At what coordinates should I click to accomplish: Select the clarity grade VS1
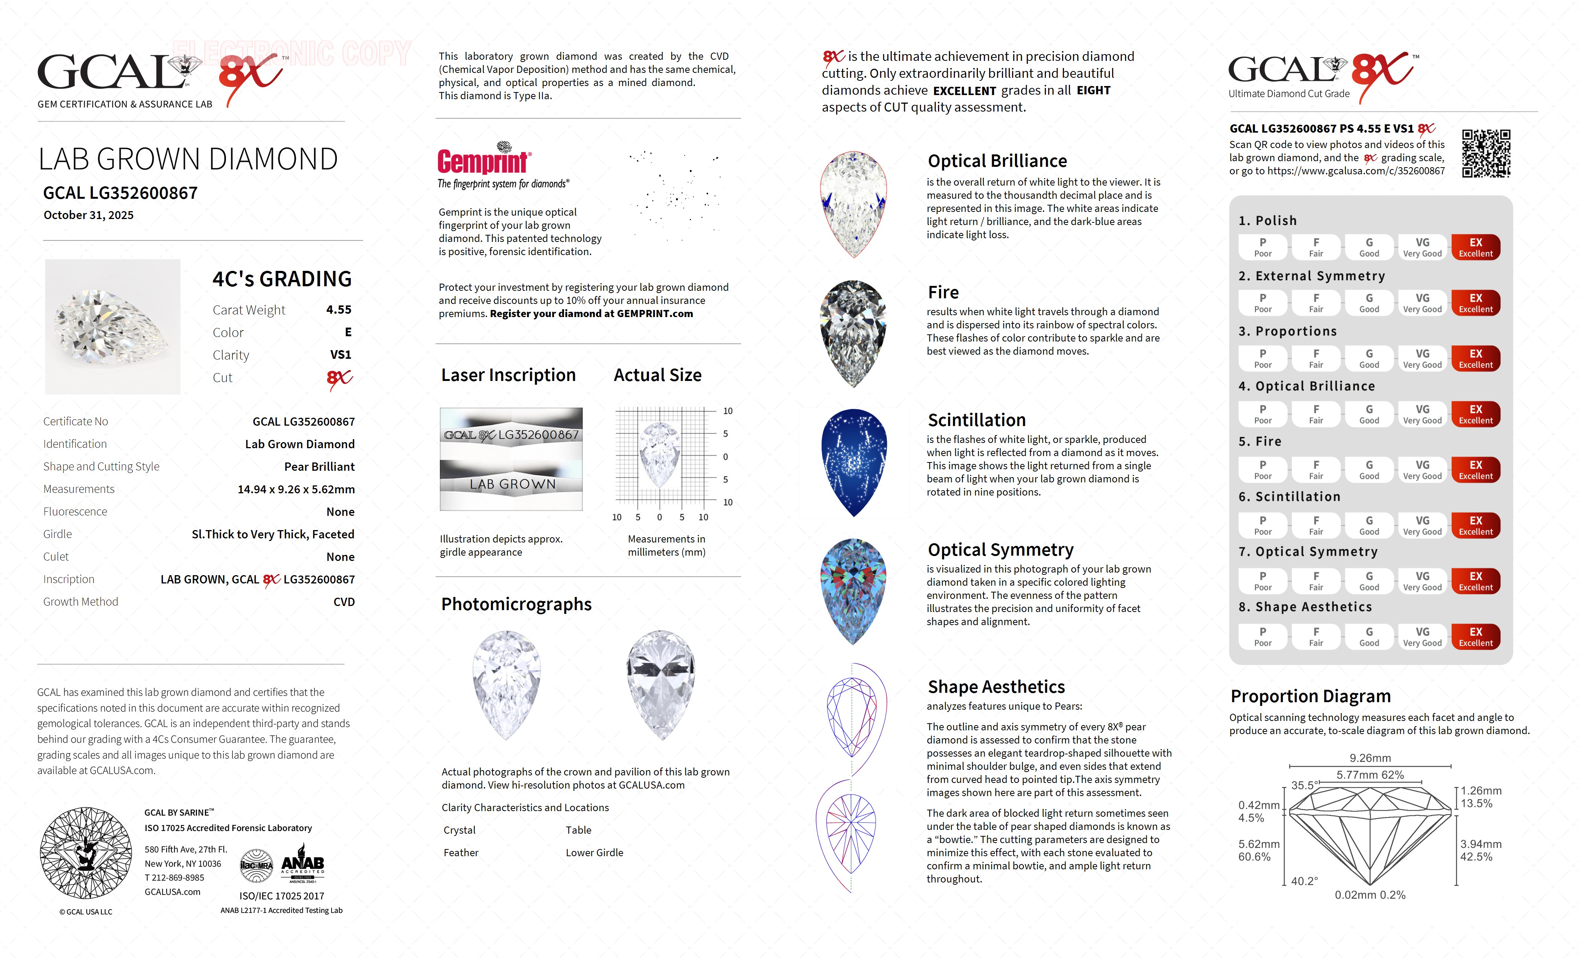point(340,355)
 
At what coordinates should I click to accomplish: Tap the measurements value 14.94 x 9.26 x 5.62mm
point(296,489)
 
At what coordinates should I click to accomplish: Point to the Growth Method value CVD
point(344,602)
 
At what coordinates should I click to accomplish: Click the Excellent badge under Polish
point(1475,247)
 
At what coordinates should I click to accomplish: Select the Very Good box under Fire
point(1422,469)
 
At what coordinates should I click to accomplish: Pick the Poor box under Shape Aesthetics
point(1262,636)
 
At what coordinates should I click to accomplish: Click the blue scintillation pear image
point(853,462)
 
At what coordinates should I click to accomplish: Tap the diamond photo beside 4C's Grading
point(113,326)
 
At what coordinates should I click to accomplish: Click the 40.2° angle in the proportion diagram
point(1304,881)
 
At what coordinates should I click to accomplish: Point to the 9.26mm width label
point(1370,758)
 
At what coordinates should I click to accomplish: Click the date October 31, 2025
point(88,215)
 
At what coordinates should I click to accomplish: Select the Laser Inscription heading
point(508,375)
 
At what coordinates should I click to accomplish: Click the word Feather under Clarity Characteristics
point(461,853)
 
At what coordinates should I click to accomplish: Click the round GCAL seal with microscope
point(86,852)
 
